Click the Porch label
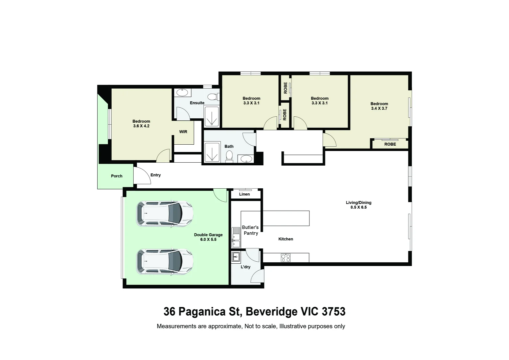[117, 176]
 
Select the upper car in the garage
[165, 214]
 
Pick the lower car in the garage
[165, 262]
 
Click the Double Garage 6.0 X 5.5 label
[208, 237]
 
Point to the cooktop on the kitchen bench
[285, 258]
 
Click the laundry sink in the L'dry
[236, 257]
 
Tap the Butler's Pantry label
[251, 230]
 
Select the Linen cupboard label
[244, 194]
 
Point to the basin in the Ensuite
[182, 93]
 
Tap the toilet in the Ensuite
[214, 97]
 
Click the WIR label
[183, 132]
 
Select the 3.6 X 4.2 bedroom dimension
[141, 126]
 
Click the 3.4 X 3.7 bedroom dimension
[379, 108]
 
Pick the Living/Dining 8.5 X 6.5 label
[358, 205]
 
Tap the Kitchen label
[285, 239]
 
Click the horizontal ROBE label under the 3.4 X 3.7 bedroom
[390, 144]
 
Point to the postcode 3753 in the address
[333, 312]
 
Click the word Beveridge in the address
[271, 312]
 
